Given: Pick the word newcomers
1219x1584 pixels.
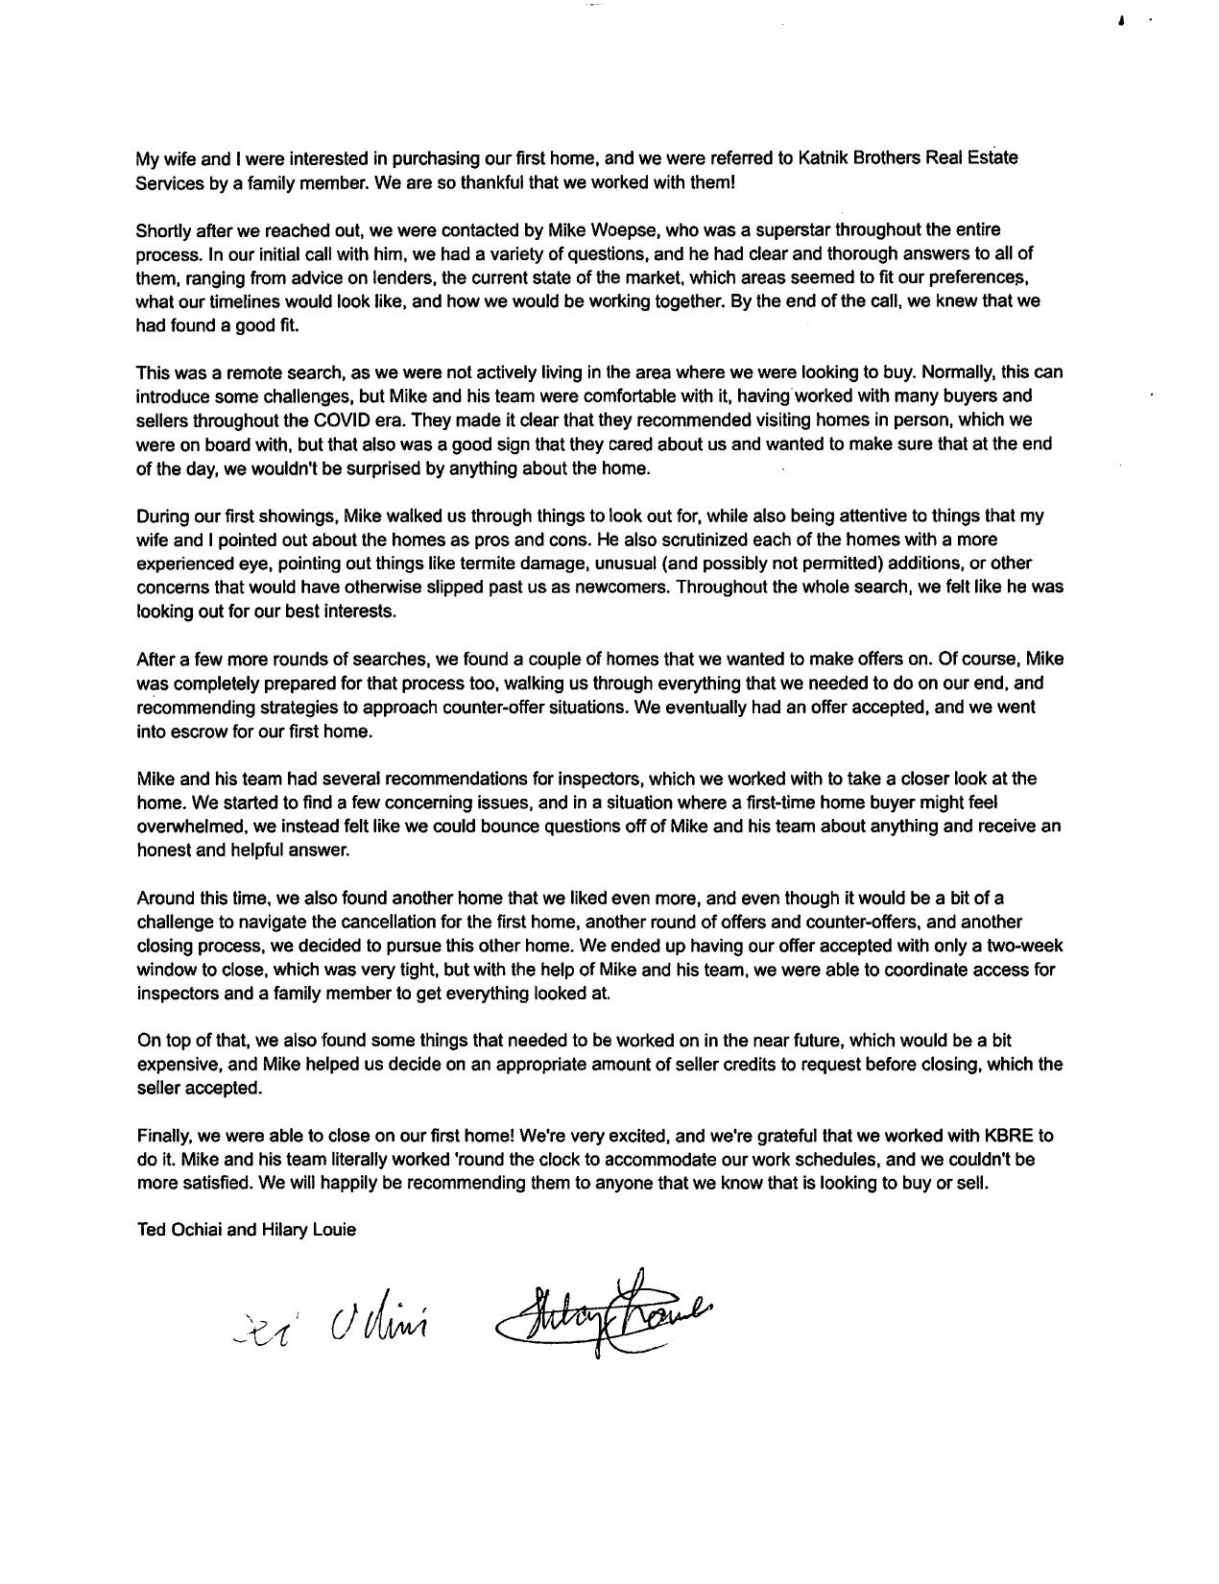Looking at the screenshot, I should [x=621, y=587].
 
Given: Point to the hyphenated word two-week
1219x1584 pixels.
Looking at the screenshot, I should [x=1026, y=946].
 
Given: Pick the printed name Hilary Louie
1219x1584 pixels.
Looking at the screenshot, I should [x=308, y=1230].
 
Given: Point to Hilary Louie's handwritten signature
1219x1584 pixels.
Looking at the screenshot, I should [x=605, y=1320].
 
